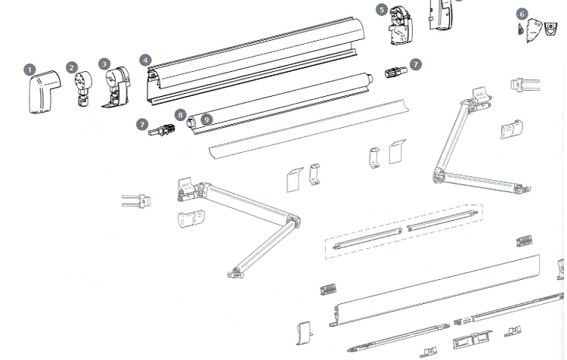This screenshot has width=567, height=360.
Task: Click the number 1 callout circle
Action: click(29, 70)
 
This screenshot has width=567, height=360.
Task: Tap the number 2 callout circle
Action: click(72, 67)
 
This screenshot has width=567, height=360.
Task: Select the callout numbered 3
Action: click(104, 64)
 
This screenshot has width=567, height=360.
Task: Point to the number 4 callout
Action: click(145, 60)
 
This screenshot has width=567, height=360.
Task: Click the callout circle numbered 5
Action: click(382, 10)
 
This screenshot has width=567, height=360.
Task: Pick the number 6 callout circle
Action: click(522, 14)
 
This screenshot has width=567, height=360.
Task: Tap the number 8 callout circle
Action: click(181, 115)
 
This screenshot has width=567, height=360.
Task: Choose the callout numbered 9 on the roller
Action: click(206, 119)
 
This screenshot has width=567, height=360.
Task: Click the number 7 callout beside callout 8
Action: click(142, 125)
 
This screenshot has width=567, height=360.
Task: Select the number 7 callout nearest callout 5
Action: click(416, 65)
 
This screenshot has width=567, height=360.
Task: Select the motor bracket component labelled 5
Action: click(401, 26)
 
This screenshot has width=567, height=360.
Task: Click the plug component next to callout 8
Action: click(161, 130)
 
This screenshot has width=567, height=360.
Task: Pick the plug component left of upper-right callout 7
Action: click(395, 73)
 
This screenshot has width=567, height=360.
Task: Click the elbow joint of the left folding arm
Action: click(293, 220)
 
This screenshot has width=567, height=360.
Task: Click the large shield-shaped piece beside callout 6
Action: click(534, 30)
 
